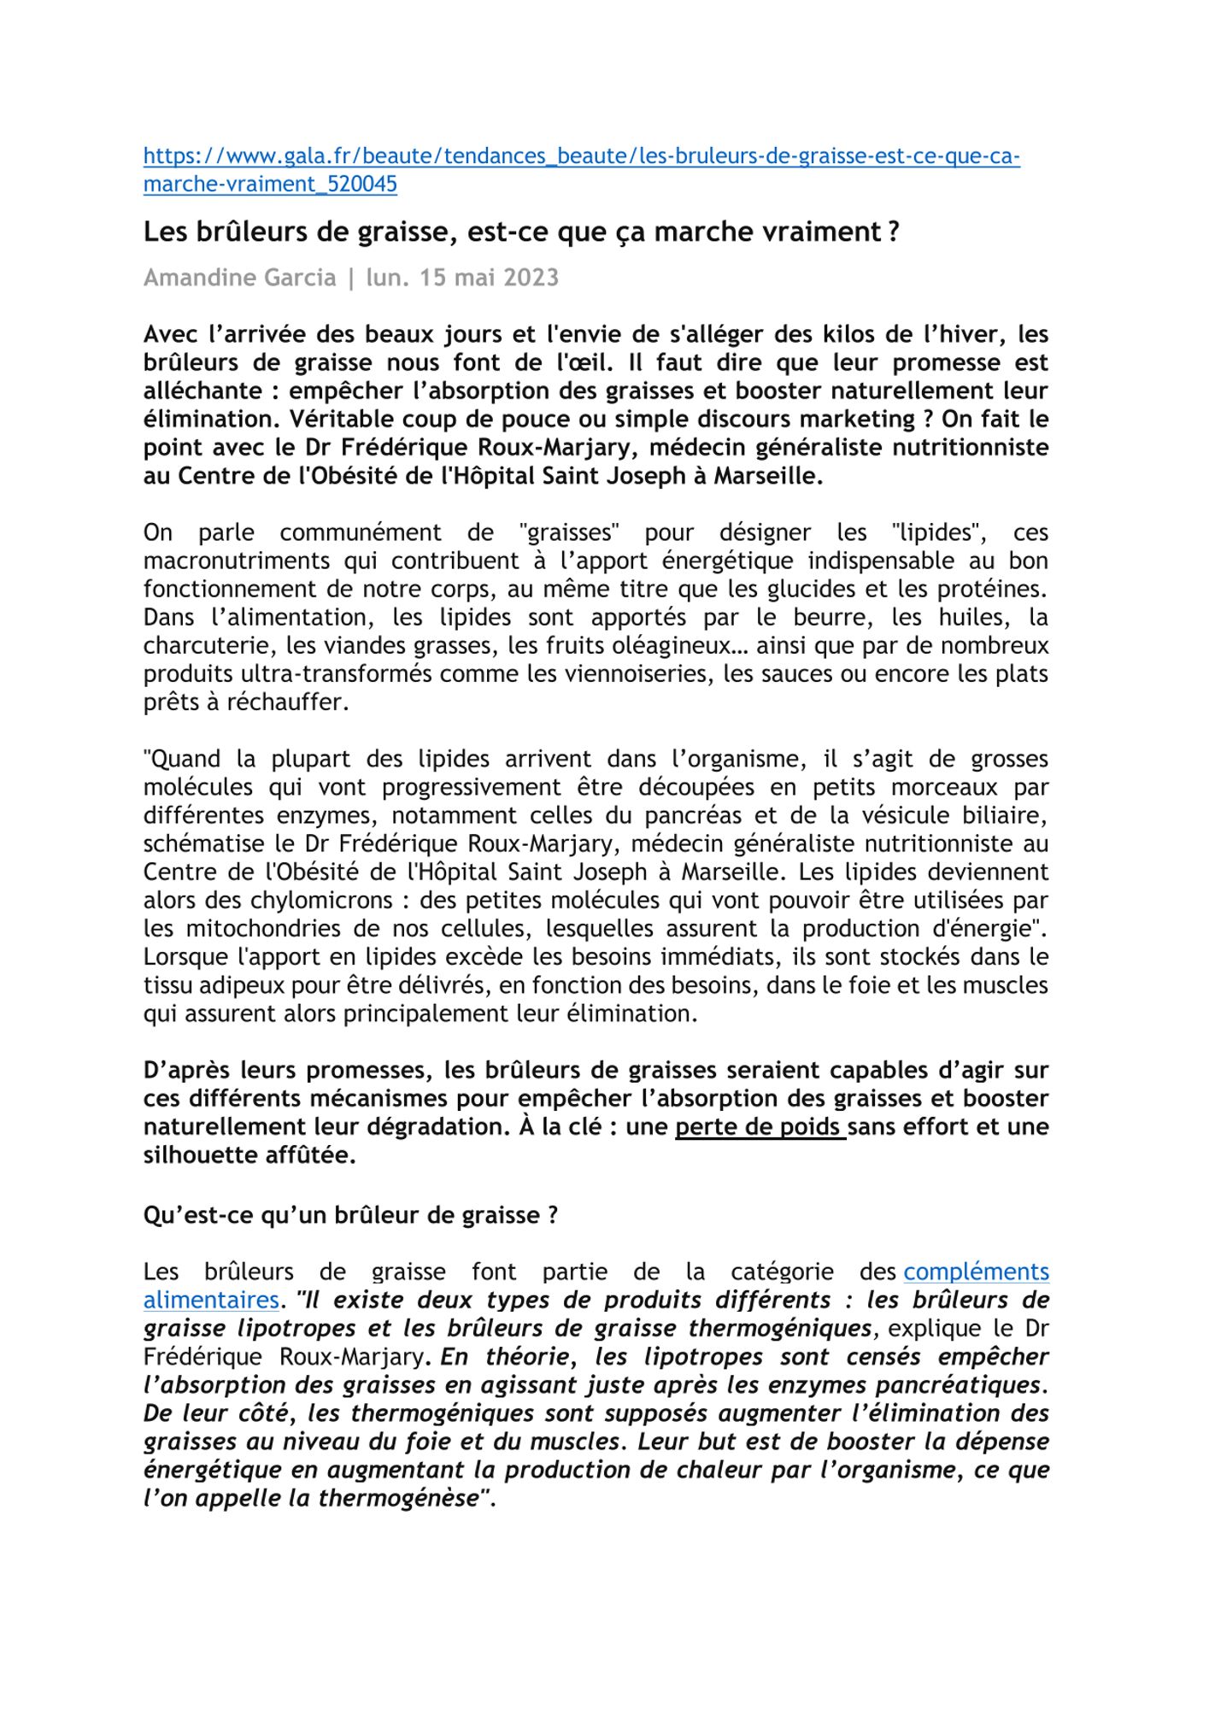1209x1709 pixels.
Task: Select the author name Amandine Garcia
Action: pos(239,278)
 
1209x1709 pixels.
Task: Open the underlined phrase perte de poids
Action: pos(759,1127)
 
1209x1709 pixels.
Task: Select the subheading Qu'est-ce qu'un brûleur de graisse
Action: pos(350,1215)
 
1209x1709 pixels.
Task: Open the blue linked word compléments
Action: pos(976,1272)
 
